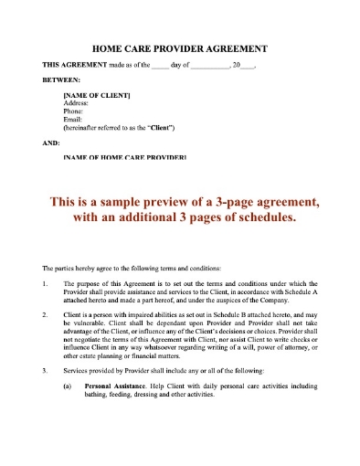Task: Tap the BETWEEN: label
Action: (x=63, y=80)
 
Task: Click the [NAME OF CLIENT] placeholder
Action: (x=96, y=96)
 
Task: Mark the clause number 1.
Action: (x=46, y=285)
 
